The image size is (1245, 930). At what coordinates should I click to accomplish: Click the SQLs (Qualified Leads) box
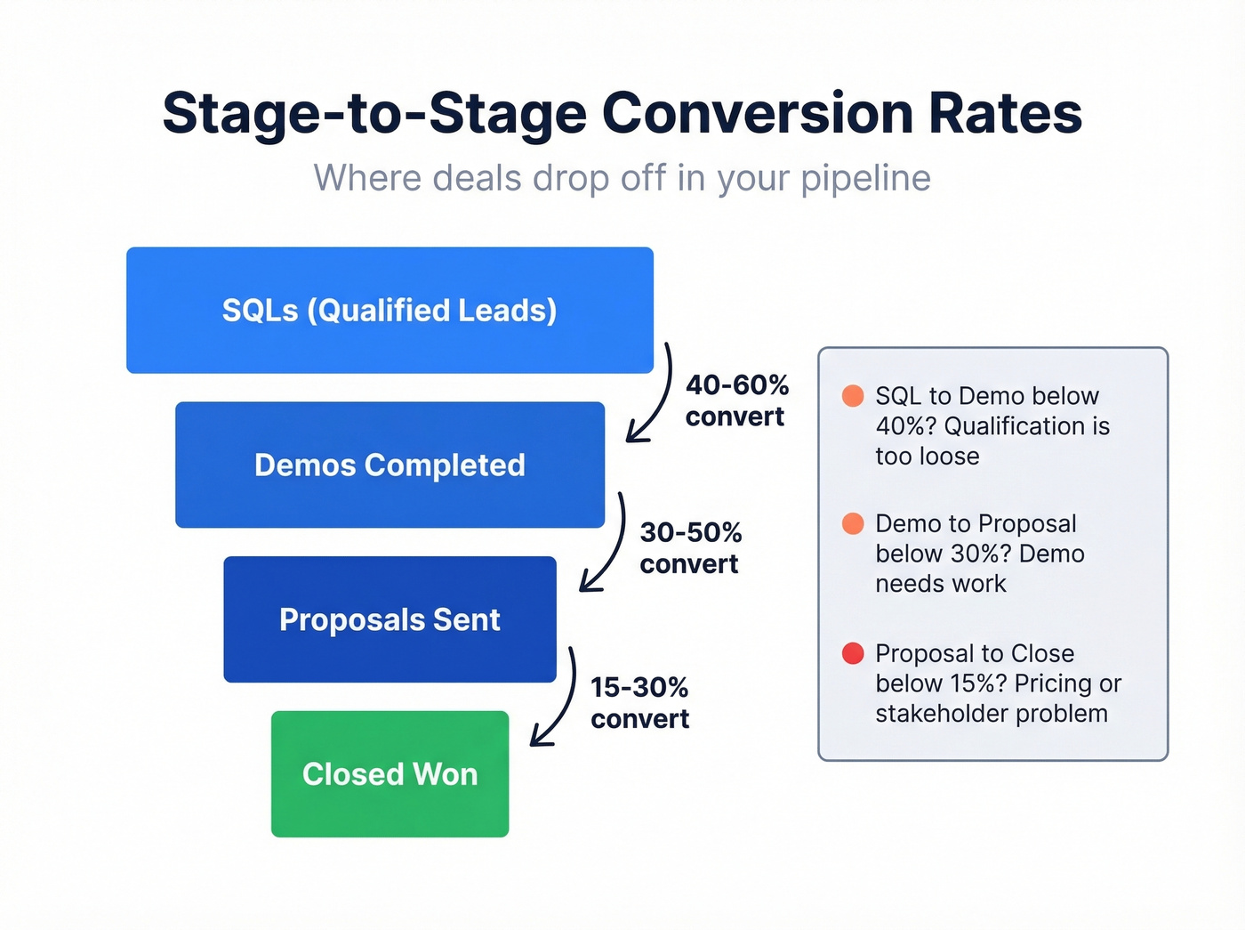tap(390, 310)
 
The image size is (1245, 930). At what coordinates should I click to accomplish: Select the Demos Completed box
tap(390, 465)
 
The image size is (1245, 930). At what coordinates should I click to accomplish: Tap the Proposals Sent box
tap(390, 619)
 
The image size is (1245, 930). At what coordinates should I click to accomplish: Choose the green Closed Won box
tap(390, 774)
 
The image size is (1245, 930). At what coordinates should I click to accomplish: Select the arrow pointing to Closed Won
tap(559, 700)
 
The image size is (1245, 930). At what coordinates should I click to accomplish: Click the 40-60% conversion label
tap(736, 400)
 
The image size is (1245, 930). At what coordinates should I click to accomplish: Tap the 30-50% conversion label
tap(690, 548)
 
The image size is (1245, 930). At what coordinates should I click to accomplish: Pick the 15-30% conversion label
tap(640, 703)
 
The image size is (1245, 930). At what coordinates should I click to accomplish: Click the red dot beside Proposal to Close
tap(853, 653)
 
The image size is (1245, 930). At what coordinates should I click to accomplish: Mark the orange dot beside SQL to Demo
tap(853, 396)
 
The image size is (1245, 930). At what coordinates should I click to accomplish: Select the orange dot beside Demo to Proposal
tap(853, 523)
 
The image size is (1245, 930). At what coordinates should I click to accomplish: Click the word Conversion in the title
tap(758, 114)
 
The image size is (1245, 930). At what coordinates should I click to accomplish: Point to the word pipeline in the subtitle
tap(865, 179)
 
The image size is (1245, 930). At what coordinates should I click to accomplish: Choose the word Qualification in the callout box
tap(1004, 426)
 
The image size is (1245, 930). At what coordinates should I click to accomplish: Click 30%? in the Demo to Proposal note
tap(980, 554)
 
